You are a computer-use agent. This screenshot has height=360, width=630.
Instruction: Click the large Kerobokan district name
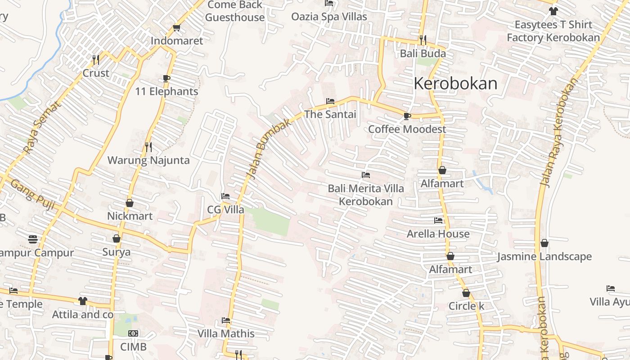(x=455, y=84)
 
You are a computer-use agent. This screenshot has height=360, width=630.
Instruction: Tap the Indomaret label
(x=177, y=40)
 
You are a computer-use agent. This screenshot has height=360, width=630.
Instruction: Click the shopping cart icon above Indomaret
(x=177, y=27)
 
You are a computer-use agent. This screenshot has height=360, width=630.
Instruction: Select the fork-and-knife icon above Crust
(x=95, y=59)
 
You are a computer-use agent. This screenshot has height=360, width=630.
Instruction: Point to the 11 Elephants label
(x=166, y=91)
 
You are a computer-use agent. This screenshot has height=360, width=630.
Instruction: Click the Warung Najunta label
(x=148, y=160)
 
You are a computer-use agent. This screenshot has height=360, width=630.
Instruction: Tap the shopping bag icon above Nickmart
(x=130, y=203)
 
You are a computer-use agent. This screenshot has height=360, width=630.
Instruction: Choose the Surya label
(x=116, y=252)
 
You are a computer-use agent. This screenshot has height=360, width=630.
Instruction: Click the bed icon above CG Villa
(x=225, y=196)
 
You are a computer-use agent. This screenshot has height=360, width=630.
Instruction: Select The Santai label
(x=330, y=114)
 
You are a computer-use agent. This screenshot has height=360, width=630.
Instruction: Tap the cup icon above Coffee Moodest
(x=407, y=116)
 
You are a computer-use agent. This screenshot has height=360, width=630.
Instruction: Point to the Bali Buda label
(x=423, y=54)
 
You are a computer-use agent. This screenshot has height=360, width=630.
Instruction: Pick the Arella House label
(x=438, y=234)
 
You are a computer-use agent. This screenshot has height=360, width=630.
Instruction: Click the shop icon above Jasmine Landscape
(x=544, y=243)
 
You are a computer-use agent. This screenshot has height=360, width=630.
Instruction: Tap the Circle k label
(x=466, y=306)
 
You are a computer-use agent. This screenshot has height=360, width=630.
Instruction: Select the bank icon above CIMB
(x=133, y=333)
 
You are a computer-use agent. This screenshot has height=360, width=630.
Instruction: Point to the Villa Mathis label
(x=226, y=334)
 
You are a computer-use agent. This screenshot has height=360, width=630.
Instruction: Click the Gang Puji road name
(x=32, y=195)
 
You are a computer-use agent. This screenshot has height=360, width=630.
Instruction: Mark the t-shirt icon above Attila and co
(x=82, y=301)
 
